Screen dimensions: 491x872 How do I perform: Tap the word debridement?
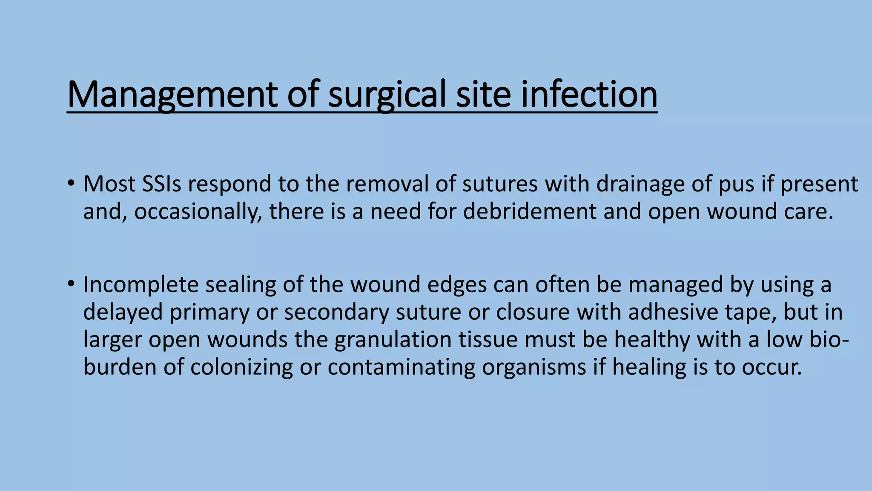point(530,211)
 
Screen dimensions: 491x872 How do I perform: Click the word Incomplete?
point(141,285)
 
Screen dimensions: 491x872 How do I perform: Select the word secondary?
point(337,312)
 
